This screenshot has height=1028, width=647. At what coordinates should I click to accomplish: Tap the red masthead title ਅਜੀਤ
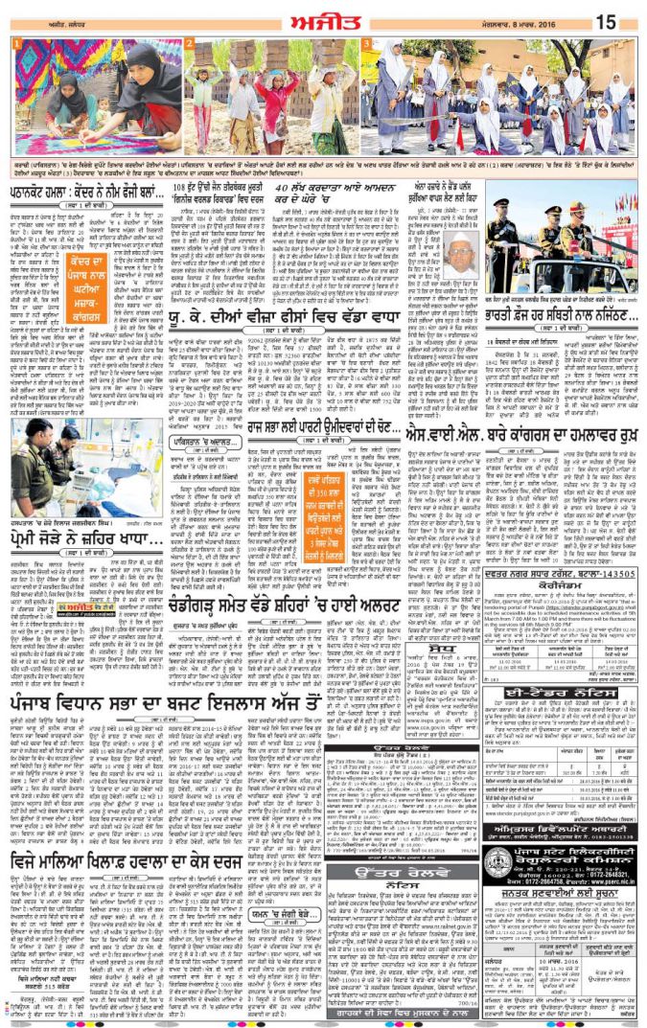tap(324, 18)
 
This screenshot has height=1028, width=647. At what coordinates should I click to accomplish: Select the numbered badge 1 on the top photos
tap(15, 44)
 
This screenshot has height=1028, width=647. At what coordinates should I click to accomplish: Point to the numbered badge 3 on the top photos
tap(365, 44)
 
